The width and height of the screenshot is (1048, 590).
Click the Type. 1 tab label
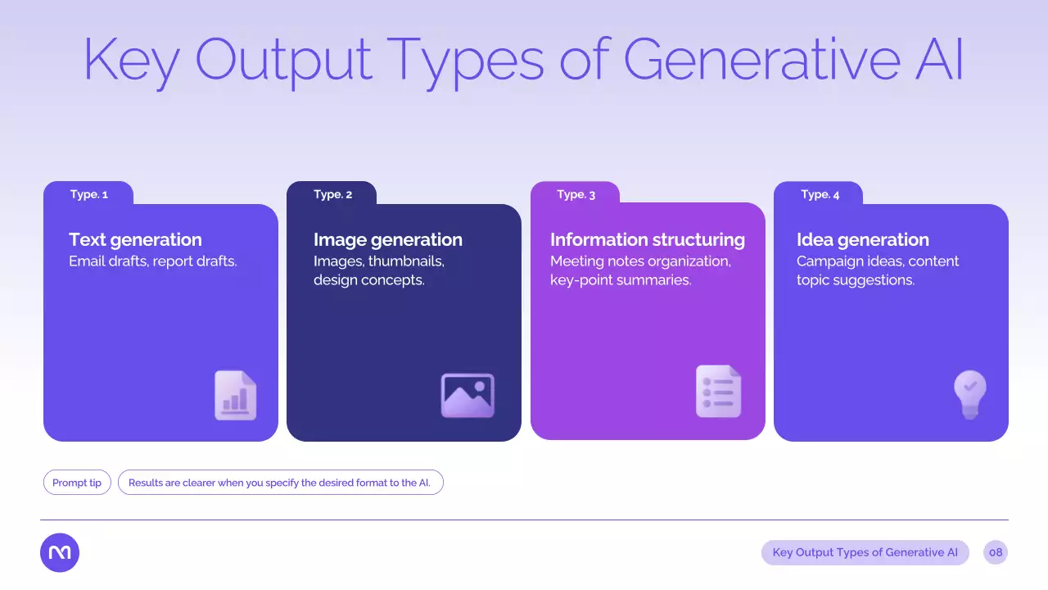click(x=89, y=194)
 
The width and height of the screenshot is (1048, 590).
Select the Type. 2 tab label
click(x=332, y=194)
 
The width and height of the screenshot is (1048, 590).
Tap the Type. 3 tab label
click(x=576, y=194)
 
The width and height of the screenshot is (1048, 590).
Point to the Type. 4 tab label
click(x=820, y=194)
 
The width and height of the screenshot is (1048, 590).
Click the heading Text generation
click(x=135, y=240)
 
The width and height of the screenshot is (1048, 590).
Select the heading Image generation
click(x=388, y=240)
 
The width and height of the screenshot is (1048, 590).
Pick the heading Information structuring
click(x=648, y=240)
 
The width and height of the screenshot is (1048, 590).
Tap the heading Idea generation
click(x=863, y=240)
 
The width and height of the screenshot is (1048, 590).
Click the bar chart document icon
click(x=235, y=396)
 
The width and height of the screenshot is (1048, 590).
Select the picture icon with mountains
click(x=468, y=396)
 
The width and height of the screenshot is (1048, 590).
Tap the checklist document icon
click(x=719, y=392)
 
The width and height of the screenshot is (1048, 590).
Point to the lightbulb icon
click(x=970, y=395)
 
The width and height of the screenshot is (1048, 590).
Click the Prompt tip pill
click(x=77, y=483)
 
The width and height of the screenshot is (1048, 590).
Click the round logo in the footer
click(x=60, y=552)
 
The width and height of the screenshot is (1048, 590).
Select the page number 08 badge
click(x=996, y=552)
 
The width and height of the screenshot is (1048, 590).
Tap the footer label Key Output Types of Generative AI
click(x=865, y=552)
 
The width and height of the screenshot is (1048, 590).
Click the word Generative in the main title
click(x=762, y=60)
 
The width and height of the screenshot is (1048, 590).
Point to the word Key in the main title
click(x=132, y=63)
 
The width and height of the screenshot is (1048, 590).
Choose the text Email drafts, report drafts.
click(x=153, y=261)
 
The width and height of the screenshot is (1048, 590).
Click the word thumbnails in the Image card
click(x=406, y=261)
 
